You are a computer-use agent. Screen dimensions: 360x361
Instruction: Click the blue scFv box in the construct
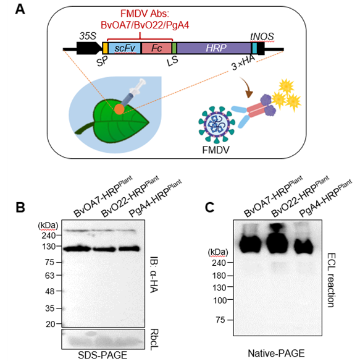[124, 48]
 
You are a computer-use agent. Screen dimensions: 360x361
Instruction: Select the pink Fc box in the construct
[157, 48]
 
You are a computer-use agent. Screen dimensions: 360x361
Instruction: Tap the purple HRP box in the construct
[214, 48]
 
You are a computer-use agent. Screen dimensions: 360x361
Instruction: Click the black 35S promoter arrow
[89, 48]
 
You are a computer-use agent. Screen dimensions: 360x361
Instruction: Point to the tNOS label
[262, 36]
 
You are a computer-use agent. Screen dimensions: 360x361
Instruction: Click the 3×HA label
[243, 62]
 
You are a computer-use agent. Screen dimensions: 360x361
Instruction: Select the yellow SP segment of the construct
[105, 48]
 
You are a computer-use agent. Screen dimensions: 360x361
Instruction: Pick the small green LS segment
[174, 48]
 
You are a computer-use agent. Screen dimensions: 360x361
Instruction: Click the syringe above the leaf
[133, 93]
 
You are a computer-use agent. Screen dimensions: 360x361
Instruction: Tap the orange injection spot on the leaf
[119, 109]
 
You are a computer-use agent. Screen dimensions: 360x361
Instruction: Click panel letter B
[20, 207]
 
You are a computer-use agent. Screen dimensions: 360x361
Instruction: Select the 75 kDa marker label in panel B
[49, 262]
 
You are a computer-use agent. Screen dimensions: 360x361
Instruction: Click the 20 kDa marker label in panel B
[50, 324]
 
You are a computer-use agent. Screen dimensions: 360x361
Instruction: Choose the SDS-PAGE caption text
[103, 355]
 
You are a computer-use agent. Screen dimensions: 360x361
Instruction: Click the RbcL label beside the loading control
[154, 339]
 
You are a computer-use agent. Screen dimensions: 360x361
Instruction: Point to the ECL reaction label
[331, 280]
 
